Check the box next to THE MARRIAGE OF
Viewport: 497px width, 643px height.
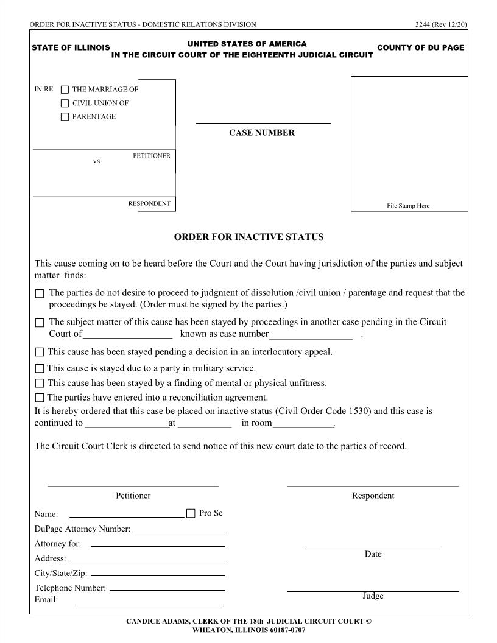point(65,90)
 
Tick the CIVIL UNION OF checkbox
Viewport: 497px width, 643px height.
point(65,103)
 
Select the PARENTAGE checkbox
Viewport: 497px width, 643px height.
point(65,116)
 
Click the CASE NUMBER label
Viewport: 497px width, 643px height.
point(261,133)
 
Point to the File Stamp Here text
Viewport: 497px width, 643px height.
point(408,206)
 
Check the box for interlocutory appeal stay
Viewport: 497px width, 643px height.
point(40,352)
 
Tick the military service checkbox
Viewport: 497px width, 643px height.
point(40,368)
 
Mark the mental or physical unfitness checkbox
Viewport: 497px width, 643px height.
point(40,383)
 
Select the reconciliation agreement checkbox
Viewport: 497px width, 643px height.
point(40,398)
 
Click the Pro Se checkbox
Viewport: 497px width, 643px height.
point(191,513)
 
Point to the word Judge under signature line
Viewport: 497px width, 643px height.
point(373,596)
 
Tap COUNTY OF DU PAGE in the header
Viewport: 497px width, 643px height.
point(420,47)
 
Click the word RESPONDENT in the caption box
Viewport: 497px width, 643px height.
point(149,203)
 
